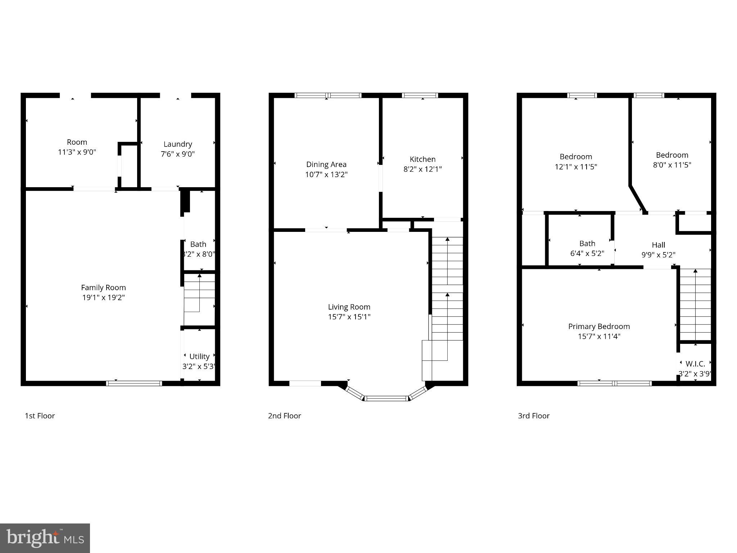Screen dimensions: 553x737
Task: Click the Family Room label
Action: pyautogui.click(x=103, y=288)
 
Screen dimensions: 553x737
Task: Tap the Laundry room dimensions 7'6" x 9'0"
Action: pyautogui.click(x=178, y=154)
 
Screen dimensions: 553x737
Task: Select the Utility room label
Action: pyautogui.click(x=199, y=356)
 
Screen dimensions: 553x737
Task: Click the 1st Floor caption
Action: pyautogui.click(x=40, y=416)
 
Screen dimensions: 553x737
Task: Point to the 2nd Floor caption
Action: pyautogui.click(x=284, y=416)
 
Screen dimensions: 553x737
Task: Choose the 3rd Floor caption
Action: pyautogui.click(x=533, y=416)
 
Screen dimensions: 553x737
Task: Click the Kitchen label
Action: pyautogui.click(x=422, y=159)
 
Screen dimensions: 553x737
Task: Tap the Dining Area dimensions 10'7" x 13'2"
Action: pyautogui.click(x=326, y=175)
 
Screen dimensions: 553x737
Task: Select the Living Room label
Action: pyautogui.click(x=349, y=307)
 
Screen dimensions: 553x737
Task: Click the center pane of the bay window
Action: pyautogui.click(x=386, y=398)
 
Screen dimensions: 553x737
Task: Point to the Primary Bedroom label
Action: pyautogui.click(x=599, y=327)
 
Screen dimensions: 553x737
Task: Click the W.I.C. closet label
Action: pyautogui.click(x=695, y=364)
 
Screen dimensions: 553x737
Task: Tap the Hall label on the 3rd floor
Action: pyautogui.click(x=658, y=245)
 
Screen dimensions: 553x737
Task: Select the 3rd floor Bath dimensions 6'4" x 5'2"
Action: pyautogui.click(x=587, y=253)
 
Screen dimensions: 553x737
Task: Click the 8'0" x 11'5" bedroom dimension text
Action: pyautogui.click(x=672, y=165)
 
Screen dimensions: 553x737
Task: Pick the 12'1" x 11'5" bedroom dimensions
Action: pyautogui.click(x=576, y=167)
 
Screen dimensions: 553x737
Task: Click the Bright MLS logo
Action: pyautogui.click(x=45, y=538)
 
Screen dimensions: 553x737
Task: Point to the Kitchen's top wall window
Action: pyautogui.click(x=420, y=95)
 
